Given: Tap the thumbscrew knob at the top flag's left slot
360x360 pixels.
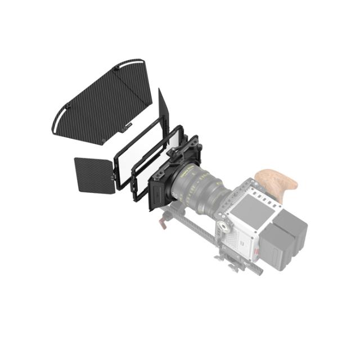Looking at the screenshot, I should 67,106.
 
